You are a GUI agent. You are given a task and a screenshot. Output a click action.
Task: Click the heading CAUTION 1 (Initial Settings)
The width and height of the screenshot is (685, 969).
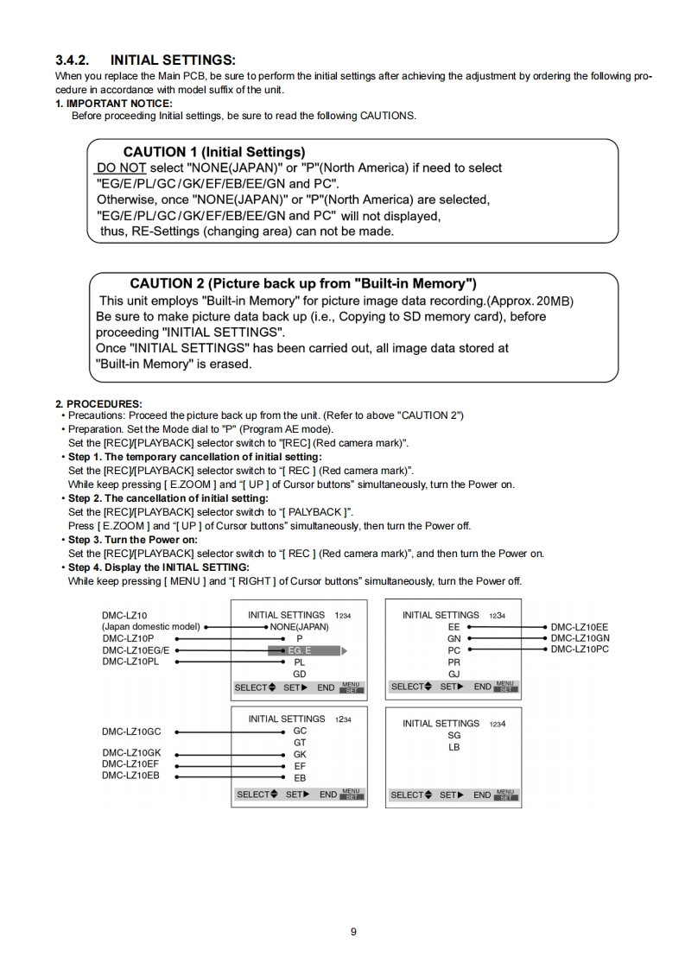(x=213, y=152)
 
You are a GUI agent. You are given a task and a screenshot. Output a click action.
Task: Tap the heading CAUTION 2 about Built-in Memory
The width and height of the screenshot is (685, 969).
(x=302, y=283)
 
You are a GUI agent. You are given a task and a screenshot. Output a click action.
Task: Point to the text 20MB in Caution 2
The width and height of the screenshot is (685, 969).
(x=555, y=301)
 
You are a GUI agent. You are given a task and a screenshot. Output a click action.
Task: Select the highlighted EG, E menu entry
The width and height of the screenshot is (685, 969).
(x=300, y=650)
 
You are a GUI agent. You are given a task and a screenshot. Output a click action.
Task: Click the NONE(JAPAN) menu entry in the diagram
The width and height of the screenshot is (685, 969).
(x=299, y=626)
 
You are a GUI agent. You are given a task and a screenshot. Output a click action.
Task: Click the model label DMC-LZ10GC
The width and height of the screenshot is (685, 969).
(x=131, y=731)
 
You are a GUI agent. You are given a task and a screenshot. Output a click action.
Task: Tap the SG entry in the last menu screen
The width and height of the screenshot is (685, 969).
(x=454, y=736)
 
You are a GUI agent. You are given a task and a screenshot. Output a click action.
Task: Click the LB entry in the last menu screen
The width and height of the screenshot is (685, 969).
(x=454, y=748)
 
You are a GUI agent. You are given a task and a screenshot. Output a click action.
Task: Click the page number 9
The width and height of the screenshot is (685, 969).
(x=353, y=931)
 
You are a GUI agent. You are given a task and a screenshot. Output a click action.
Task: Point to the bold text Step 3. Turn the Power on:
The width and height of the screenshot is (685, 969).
(x=133, y=540)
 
